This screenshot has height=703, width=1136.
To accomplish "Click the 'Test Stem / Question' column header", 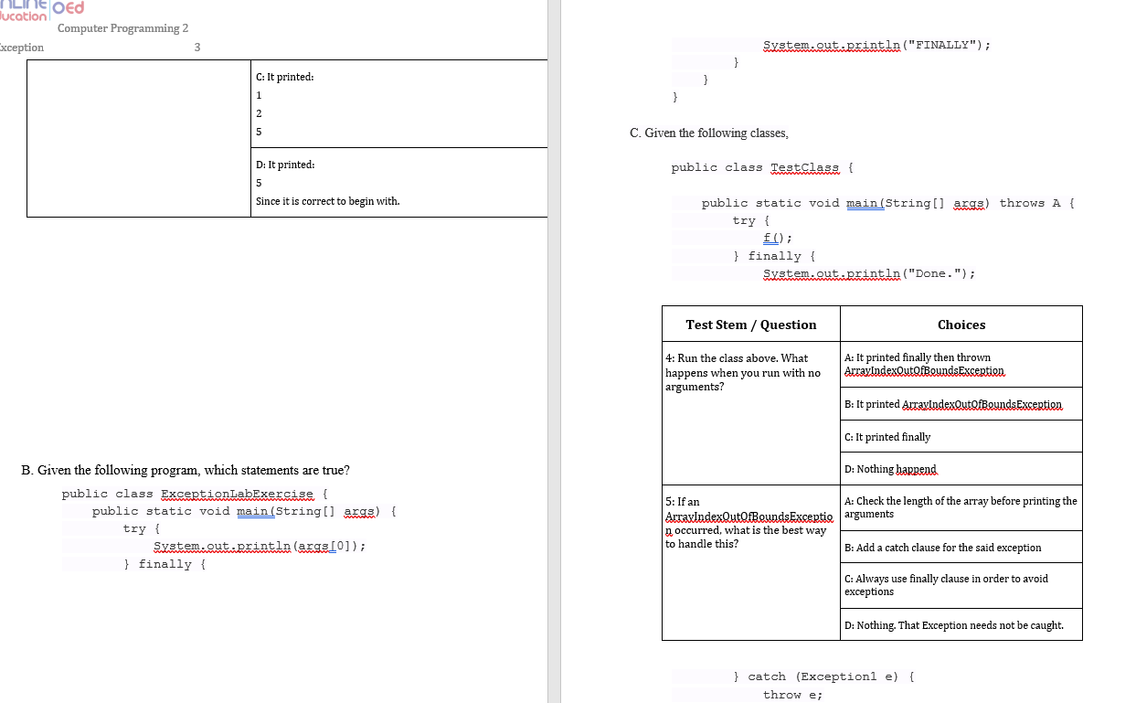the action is pos(750,325).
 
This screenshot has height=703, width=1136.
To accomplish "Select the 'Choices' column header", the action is pos(961,325).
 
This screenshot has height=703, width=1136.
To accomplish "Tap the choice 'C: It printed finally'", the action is pos(887,437).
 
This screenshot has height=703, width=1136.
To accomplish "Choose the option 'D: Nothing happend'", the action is pos(890,469).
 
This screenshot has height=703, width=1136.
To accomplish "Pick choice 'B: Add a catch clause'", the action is pos(942,548).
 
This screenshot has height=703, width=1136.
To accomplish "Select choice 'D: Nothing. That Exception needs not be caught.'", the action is pos(953,625).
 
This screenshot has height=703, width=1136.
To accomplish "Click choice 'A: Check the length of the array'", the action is pos(960,507).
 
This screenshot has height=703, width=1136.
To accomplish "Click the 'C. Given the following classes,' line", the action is pos(708,133).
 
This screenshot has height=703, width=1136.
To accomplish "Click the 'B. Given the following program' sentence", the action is pos(185,471).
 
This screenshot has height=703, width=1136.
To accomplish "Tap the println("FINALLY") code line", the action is pos(876,45).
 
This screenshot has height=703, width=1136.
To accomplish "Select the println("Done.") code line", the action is pos(868,273).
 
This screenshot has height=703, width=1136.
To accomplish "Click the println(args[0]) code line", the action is pos(260,547).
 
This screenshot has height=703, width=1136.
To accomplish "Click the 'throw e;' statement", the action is pos(792,695).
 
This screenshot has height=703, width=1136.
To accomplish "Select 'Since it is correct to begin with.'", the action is pos(327,201).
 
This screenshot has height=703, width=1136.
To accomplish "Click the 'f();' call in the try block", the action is pos(770,239).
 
